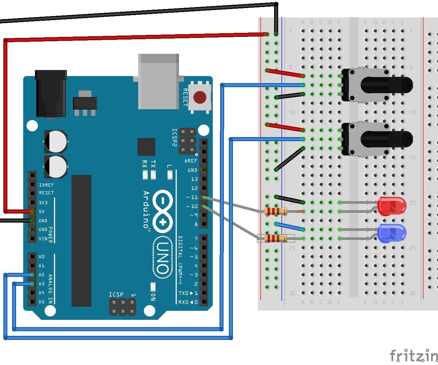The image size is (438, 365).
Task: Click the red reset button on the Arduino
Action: point(200,97)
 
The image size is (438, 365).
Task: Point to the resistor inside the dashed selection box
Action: point(276,238)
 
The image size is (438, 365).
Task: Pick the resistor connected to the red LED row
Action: point(276,211)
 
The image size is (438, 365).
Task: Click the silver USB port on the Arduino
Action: point(159,81)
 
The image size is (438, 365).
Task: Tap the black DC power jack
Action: point(51,93)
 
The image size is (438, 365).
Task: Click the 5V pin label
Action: point(42,211)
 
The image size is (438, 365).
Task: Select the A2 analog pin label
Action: point(42,275)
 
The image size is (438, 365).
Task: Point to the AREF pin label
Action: point(191,161)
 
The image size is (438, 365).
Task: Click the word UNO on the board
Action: point(163,258)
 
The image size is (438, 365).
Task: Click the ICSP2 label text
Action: point(174,137)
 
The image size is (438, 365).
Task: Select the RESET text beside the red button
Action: point(185,97)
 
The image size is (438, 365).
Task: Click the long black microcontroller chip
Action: point(81,240)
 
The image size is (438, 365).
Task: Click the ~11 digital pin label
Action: point(192,197)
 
